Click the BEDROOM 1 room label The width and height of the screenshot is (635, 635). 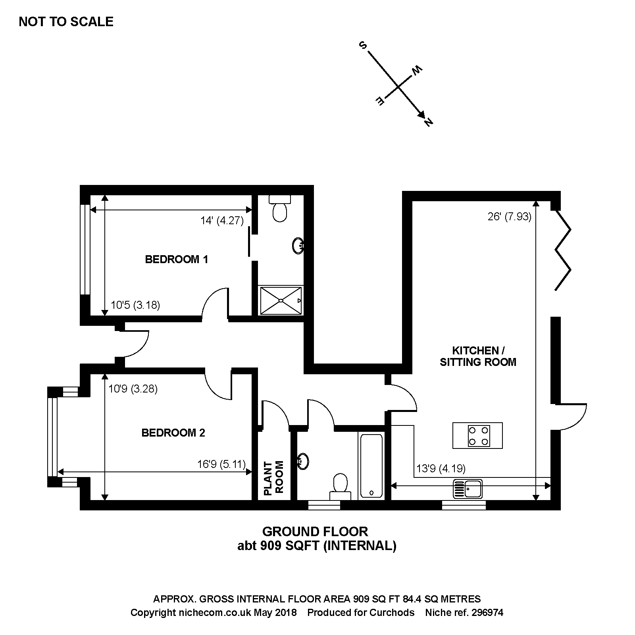pos(177,260)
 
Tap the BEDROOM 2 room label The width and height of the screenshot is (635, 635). pos(173,433)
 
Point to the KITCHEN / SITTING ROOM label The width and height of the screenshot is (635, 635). pos(478,356)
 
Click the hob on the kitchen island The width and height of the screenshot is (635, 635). pos(479,436)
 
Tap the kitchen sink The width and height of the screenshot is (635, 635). pos(468,489)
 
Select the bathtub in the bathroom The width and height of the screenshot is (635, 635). pos(371,466)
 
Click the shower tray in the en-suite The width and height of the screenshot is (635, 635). pos(281,300)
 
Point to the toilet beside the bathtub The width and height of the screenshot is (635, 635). pos(341,487)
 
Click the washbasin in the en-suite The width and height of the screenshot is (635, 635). pos(298,245)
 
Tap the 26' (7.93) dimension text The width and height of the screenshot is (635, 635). pos(510,217)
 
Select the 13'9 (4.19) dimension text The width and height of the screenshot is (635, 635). pos(441,469)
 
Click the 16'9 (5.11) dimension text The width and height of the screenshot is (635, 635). pos(221,464)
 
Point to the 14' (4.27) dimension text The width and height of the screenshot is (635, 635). pos(222,221)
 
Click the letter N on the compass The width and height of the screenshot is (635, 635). pos(428,122)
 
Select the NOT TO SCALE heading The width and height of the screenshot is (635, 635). pos(66,21)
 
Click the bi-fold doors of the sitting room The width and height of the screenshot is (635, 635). pos(562,250)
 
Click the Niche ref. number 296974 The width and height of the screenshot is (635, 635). pos(487,612)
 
